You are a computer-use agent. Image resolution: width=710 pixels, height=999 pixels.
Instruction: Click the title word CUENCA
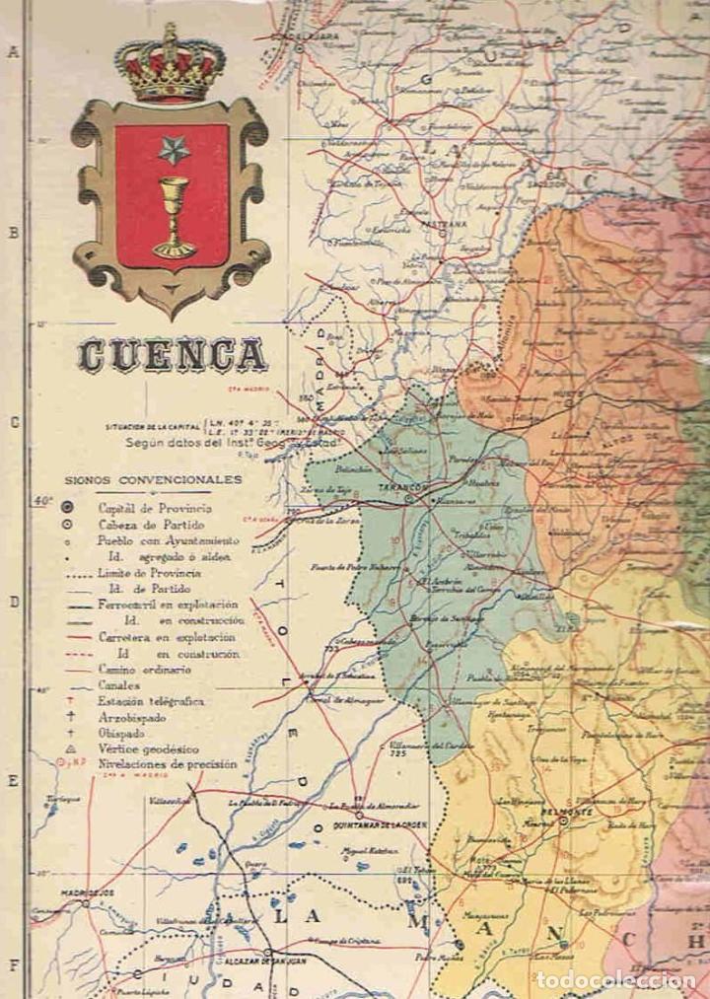click(173, 356)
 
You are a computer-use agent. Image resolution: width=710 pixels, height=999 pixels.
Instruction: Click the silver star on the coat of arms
click(174, 150)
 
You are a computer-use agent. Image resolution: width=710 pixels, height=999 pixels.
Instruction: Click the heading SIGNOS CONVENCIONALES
click(153, 480)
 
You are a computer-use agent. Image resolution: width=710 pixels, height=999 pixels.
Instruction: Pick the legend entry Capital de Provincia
click(153, 507)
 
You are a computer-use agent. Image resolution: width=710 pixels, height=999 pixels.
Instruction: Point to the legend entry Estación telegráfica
click(150, 701)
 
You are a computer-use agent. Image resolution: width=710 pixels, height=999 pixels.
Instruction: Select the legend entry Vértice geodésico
click(148, 749)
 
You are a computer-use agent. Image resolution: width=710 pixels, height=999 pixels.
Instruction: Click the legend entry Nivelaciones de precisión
click(167, 764)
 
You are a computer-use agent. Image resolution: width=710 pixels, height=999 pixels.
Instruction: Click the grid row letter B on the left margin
click(14, 234)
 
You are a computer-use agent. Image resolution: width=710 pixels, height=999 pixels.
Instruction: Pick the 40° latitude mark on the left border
click(41, 500)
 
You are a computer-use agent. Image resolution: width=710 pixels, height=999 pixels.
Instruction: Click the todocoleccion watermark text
click(615, 979)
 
